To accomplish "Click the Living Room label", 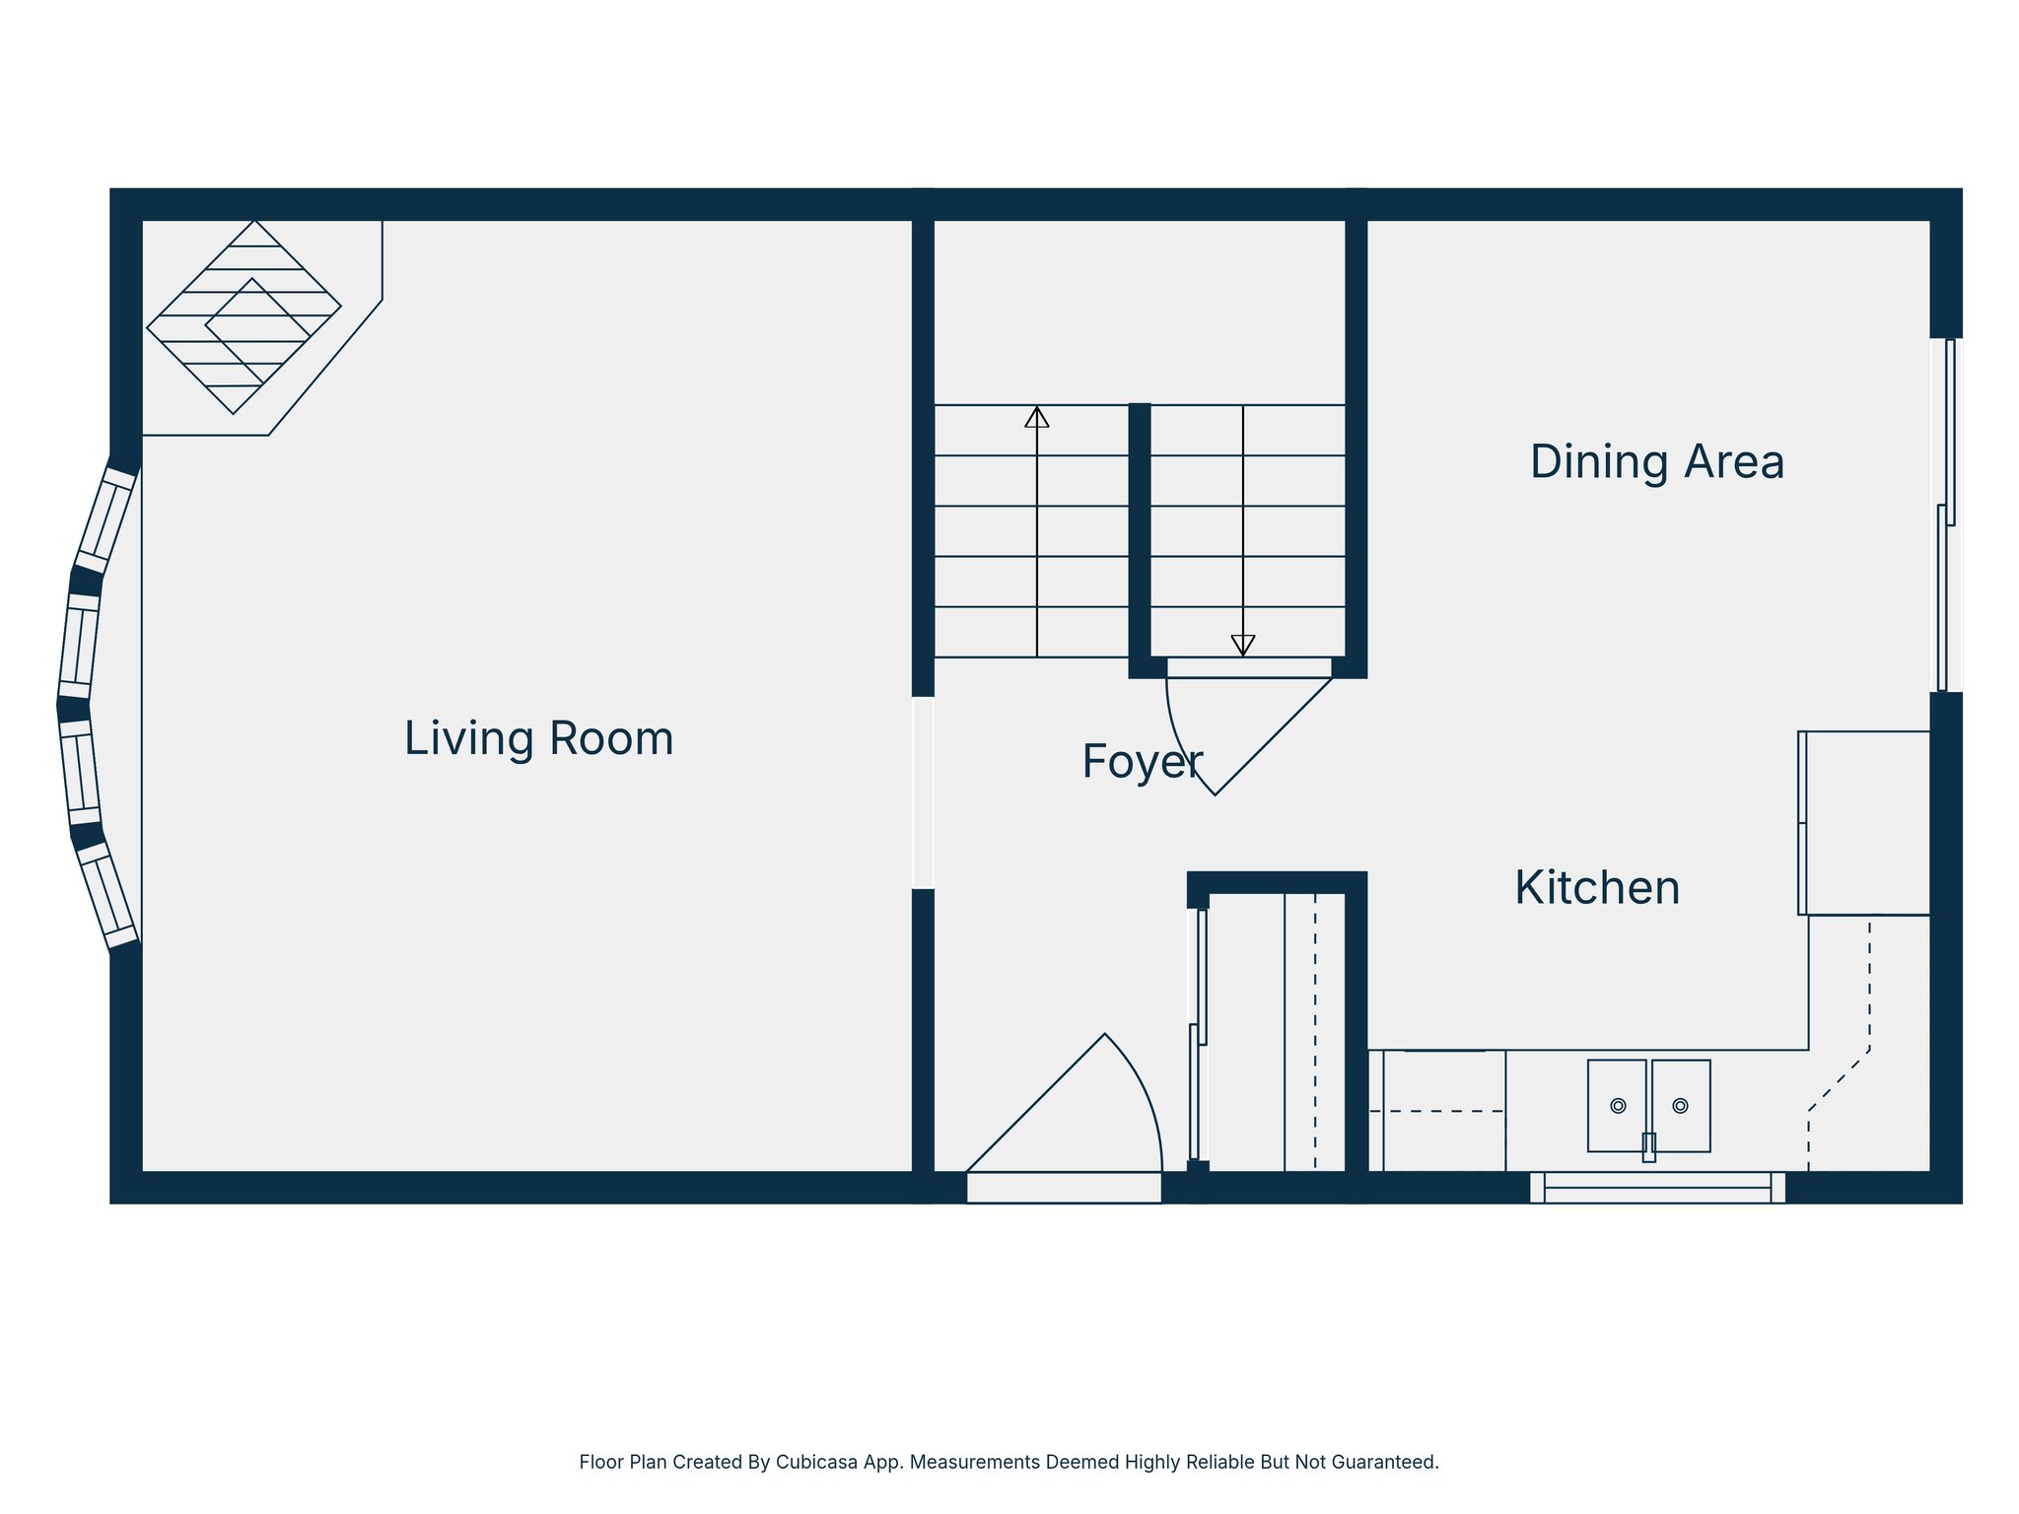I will tap(538, 739).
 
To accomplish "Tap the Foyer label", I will tap(1142, 762).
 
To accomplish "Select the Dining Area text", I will tap(1656, 462).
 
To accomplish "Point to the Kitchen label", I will tap(1597, 888).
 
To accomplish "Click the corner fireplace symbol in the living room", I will tap(244, 317).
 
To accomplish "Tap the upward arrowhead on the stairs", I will tap(1036, 417).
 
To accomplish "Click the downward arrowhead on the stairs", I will tap(1242, 646).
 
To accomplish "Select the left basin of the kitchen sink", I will tap(1617, 1105).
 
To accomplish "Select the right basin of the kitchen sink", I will tap(1681, 1105).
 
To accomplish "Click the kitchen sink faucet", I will tap(1648, 1147).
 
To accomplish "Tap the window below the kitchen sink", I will tap(1657, 1188).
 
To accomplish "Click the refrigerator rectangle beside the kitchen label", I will tap(1863, 823).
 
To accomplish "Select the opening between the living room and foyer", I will tap(923, 792).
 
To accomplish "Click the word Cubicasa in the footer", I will tap(814, 1462).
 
